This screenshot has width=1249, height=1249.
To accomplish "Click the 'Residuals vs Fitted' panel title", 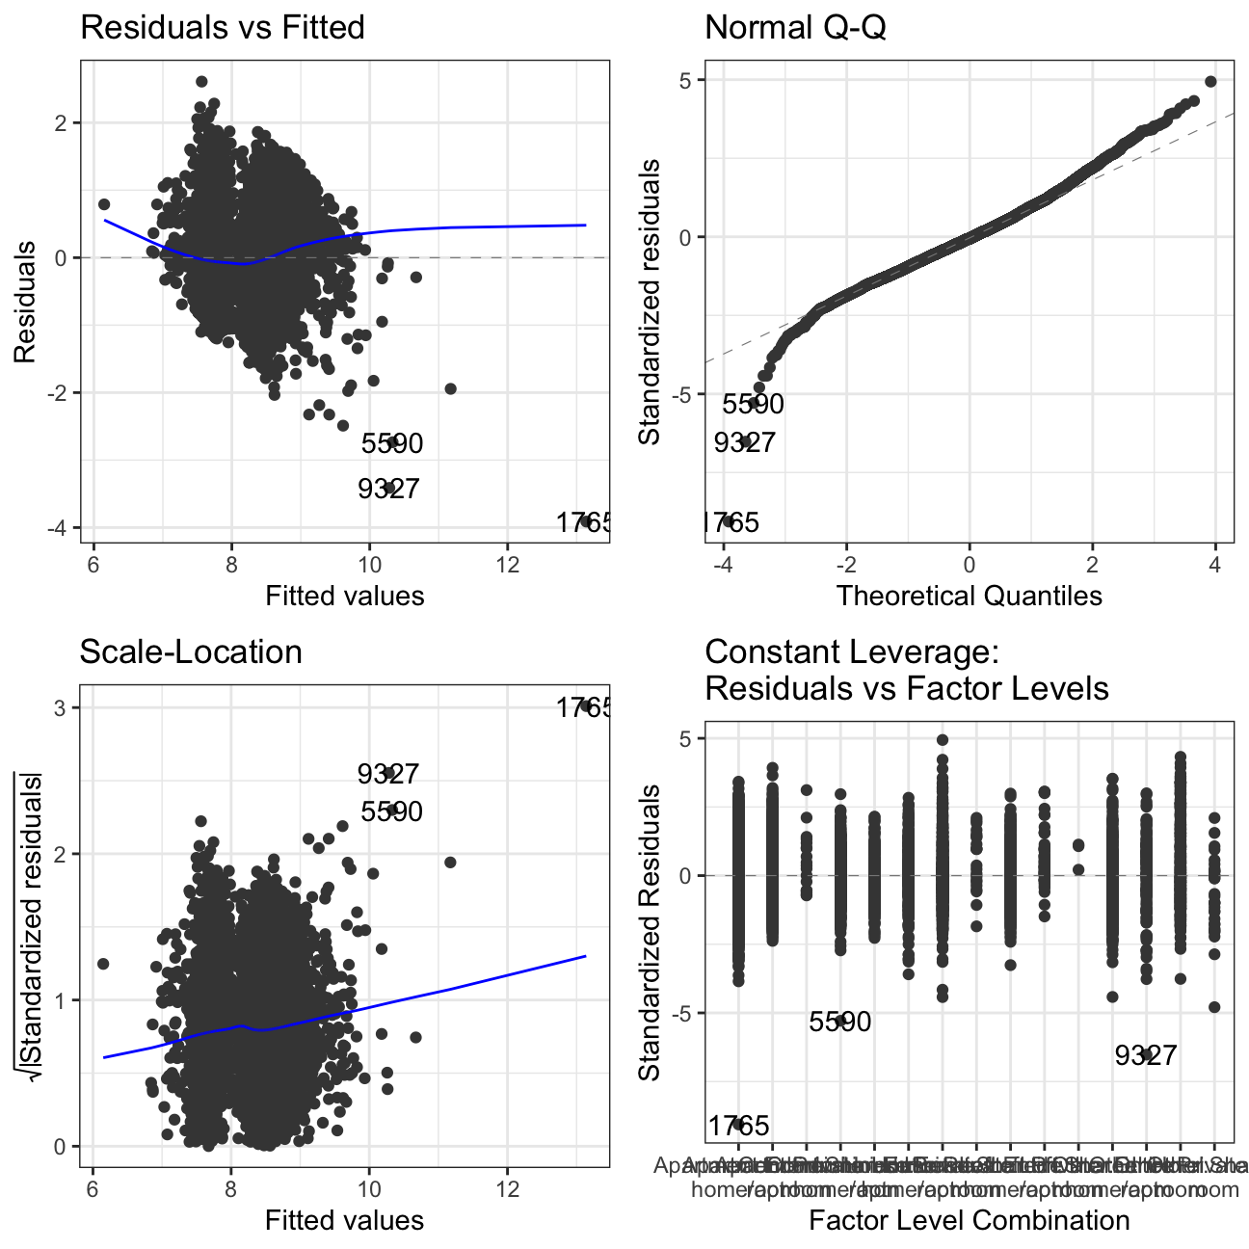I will [222, 27].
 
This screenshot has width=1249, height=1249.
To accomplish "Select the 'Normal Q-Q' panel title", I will [795, 27].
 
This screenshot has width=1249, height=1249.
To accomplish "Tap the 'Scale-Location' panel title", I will [191, 651].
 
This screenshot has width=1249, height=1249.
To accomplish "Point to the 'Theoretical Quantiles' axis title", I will [969, 596].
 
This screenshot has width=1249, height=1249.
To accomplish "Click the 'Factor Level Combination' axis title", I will [969, 1220].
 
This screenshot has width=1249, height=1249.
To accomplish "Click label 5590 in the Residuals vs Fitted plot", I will [392, 443].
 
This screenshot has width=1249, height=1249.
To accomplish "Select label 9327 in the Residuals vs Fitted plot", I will [388, 489].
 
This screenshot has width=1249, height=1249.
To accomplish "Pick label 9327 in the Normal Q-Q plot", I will [744, 442].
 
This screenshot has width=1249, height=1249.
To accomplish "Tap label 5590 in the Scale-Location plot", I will [391, 811].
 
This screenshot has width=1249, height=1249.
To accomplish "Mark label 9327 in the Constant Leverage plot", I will [1146, 1055].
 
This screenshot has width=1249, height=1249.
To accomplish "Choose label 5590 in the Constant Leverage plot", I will [840, 1022].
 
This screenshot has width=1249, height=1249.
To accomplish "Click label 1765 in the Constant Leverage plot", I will [739, 1126].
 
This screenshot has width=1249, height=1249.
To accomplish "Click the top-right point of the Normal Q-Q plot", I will [1210, 82].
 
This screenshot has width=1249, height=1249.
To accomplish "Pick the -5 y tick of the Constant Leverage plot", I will [685, 1013].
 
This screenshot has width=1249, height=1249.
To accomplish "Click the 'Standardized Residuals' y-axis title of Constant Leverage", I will [651, 931].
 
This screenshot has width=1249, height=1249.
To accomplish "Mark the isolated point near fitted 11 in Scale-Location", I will [449, 862].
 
